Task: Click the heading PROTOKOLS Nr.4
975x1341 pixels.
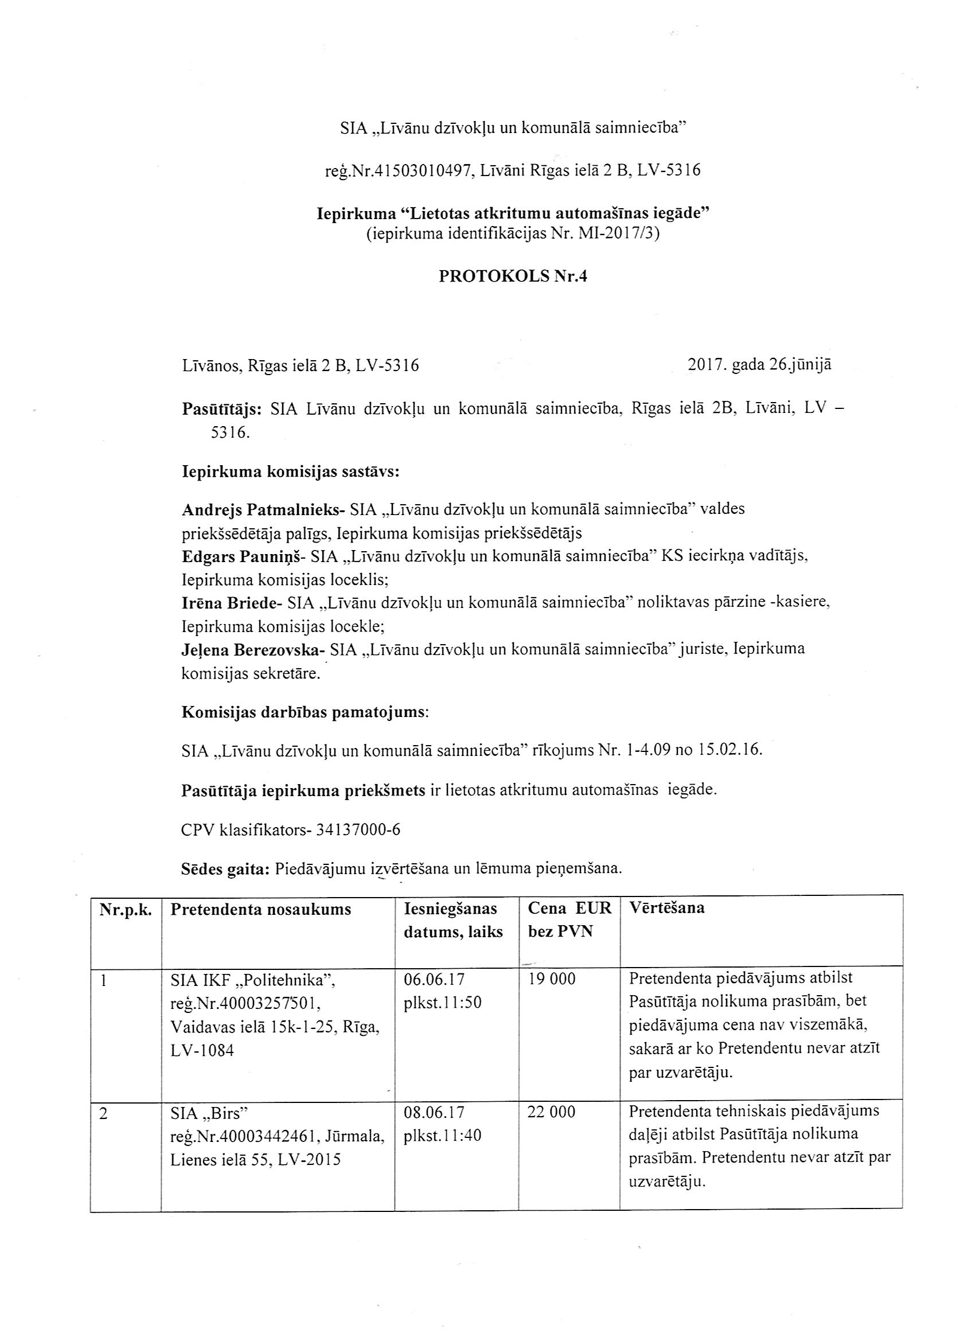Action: pyautogui.click(x=513, y=276)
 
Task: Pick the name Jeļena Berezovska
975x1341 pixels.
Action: pyautogui.click(x=252, y=649)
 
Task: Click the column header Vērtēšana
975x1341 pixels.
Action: pyautogui.click(x=666, y=907)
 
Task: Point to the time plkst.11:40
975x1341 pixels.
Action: pyautogui.click(x=442, y=1135)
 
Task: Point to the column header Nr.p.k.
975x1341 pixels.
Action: pyautogui.click(x=126, y=909)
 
